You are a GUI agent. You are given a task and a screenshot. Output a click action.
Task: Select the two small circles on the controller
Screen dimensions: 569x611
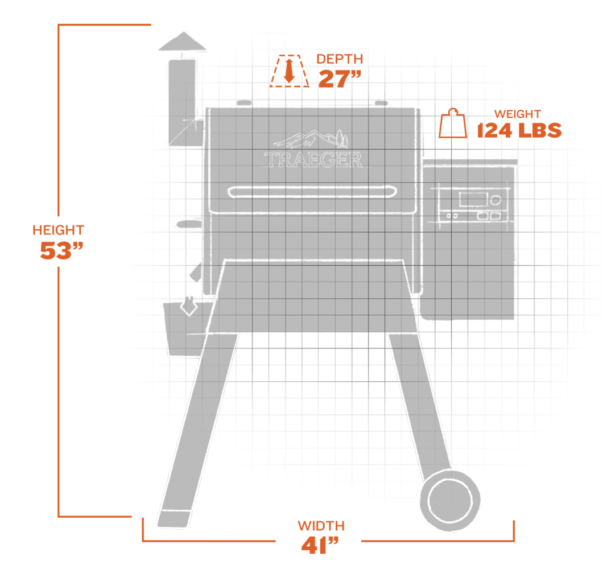click(x=453, y=216)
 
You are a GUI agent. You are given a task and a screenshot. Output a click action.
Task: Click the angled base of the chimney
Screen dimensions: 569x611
click(x=181, y=134)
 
